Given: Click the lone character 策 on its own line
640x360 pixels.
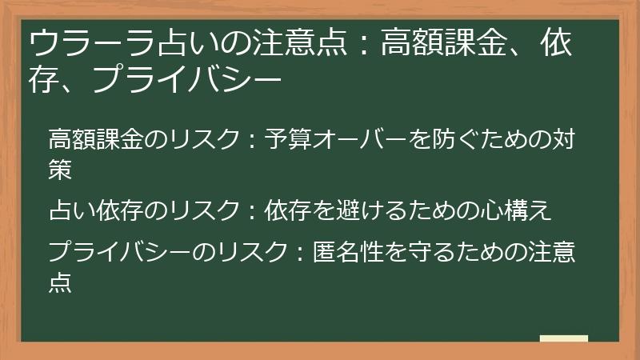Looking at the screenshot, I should (61, 168).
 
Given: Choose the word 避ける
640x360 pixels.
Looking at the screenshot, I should (367, 210).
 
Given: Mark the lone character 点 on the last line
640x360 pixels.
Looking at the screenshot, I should (61, 281).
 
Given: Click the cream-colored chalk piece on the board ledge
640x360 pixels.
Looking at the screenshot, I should (563, 338).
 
